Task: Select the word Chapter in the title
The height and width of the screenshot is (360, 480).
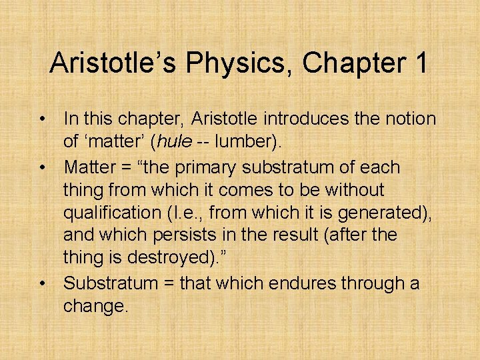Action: coord(351,63)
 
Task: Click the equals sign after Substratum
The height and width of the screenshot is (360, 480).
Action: coord(167,283)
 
